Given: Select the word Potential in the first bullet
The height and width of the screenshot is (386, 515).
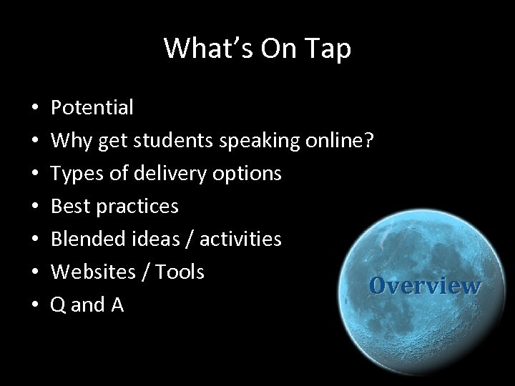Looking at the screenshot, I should pyautogui.click(x=92, y=108).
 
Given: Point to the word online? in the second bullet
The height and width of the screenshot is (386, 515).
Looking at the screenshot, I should pyautogui.click(x=338, y=141).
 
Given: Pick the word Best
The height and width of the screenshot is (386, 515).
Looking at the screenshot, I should pyautogui.click(x=69, y=207).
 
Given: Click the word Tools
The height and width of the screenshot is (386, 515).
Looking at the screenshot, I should pyautogui.click(x=180, y=272).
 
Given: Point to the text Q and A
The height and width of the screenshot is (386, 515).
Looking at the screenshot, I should pyautogui.click(x=87, y=305).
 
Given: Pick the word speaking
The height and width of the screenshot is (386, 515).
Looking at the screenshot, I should pyautogui.click(x=260, y=141).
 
